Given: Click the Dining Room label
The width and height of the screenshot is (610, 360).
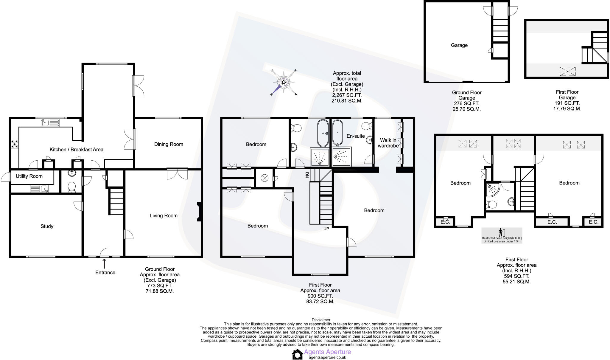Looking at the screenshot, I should coord(169,144).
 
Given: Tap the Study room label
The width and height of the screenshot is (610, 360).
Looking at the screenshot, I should coord(47,226).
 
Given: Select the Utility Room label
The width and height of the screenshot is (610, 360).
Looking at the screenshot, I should coord(29,176).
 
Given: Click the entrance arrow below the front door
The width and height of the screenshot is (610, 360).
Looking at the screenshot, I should coord(104,263).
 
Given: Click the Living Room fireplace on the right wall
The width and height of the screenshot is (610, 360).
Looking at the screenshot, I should coord(199,212).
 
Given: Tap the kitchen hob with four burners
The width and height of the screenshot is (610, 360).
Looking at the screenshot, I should coord(14,144).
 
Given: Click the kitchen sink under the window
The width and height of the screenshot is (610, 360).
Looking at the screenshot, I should coord(45,122).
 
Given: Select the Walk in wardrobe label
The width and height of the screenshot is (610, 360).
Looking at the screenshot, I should coord(388,143).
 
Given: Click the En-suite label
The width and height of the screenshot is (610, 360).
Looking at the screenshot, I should coord(356,136).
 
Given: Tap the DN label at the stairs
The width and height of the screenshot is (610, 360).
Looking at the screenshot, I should coord(307,175).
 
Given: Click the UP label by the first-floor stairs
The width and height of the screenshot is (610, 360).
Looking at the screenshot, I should coord(326,229).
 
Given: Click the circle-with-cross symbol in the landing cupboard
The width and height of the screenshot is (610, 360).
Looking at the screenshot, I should coord(264,178).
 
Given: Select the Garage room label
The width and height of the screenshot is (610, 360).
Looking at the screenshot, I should coord(459,45).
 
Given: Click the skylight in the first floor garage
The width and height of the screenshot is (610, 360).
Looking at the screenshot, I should coord(567,72).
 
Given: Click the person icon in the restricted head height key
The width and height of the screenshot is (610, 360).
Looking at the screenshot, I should coord(501,232).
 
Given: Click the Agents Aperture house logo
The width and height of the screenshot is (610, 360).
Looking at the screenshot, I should coord(297,354).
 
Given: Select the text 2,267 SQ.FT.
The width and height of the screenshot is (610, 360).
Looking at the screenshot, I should coord(347,95).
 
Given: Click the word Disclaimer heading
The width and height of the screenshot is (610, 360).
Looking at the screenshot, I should coord(321,320).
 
